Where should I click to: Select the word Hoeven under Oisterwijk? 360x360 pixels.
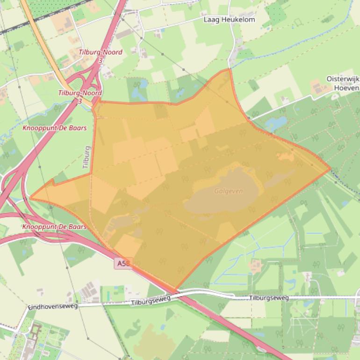347,87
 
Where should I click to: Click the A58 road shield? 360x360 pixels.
122,264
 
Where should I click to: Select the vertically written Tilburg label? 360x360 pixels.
86,157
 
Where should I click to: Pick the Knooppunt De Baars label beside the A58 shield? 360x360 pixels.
55,227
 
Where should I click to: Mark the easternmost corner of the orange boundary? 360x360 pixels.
331,169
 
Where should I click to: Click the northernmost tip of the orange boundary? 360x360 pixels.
229,69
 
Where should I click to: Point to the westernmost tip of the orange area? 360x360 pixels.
30,198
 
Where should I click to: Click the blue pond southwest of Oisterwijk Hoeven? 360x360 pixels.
276,123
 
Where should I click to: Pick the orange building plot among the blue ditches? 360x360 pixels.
255,266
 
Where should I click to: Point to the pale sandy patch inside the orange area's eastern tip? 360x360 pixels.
286,156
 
